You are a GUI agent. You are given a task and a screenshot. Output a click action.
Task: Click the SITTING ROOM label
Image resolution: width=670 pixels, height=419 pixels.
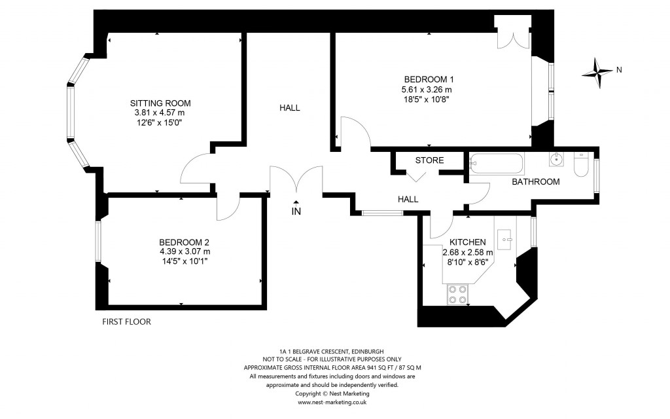(160, 103)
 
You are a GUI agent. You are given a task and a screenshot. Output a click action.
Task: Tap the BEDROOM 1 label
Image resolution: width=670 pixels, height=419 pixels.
(429, 79)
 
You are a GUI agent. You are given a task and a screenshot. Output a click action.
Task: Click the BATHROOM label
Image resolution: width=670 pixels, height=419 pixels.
(536, 181)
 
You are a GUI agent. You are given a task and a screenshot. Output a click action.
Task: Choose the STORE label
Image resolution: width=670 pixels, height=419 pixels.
(429, 160)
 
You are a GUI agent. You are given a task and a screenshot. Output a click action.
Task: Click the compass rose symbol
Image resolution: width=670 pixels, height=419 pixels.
(598, 73)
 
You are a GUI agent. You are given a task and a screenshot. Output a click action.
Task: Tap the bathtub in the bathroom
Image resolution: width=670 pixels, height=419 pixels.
(496, 163)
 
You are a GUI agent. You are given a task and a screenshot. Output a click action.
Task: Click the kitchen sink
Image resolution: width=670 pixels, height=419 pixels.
(506, 239)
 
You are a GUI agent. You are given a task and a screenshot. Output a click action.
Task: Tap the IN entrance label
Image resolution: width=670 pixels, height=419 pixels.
(296, 211)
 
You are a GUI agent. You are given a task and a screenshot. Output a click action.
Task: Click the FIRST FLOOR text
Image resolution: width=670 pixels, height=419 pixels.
(127, 322)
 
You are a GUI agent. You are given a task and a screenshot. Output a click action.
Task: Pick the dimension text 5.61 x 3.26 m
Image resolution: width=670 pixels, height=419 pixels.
(427, 90)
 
